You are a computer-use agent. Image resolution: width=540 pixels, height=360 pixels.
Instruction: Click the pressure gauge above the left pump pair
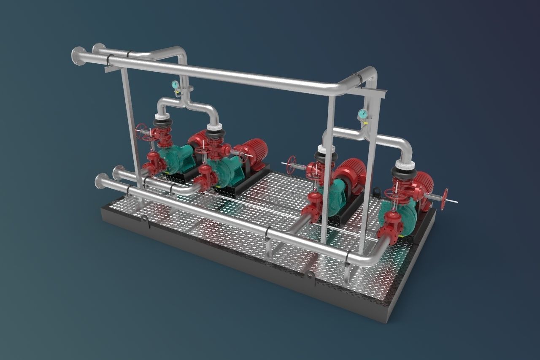tap(175, 84)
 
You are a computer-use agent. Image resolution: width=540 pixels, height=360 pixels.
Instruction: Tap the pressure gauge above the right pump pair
tap(362, 114)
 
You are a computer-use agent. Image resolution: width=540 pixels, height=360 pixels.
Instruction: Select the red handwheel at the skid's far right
tap(444, 199)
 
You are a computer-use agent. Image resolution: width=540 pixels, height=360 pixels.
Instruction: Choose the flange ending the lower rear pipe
tap(118, 172)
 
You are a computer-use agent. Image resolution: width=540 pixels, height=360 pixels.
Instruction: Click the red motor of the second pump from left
tap(253, 150)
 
